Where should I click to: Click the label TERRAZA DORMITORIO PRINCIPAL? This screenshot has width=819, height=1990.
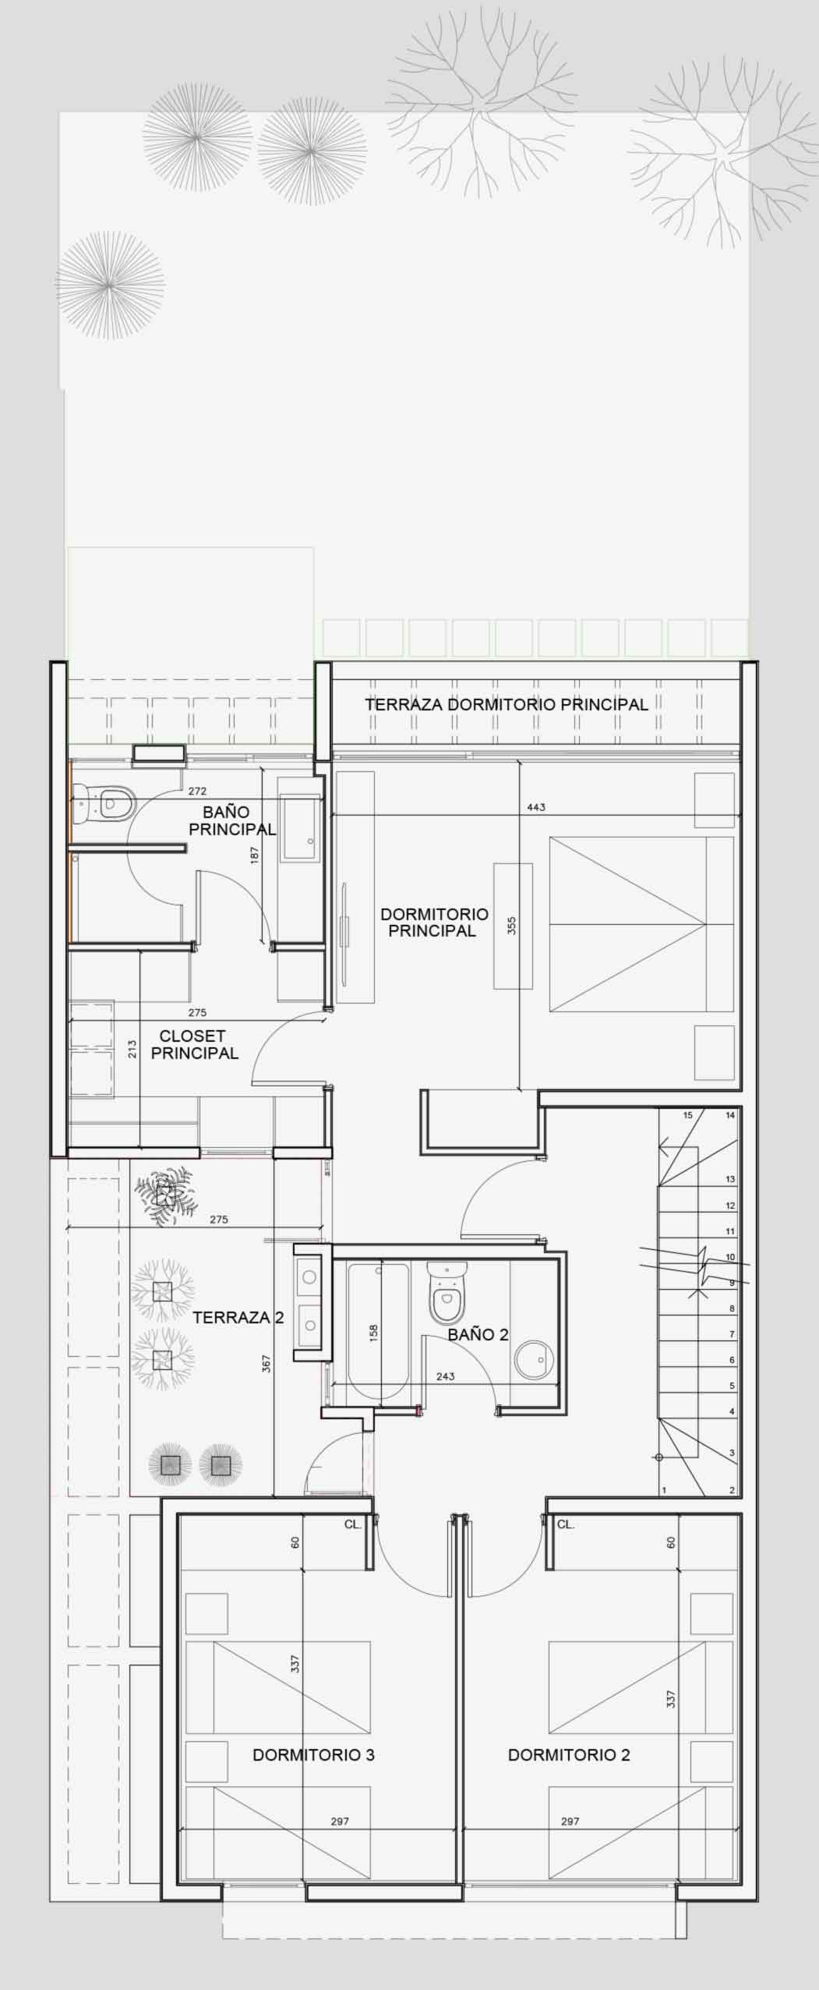click(507, 704)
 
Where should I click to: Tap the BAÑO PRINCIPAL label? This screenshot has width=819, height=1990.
click(232, 820)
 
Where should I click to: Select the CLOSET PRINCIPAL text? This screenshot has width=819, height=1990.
click(194, 1044)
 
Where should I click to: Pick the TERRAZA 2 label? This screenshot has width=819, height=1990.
click(238, 1318)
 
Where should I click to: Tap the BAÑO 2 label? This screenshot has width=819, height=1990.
click(478, 1334)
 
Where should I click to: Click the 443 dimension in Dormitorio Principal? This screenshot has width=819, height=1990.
click(536, 807)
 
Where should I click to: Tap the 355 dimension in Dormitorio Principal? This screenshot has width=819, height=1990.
click(512, 926)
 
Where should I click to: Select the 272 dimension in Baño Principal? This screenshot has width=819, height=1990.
click(197, 791)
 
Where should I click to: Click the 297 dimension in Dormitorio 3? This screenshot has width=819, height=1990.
click(340, 1822)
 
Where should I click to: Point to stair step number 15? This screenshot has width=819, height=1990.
click(688, 1115)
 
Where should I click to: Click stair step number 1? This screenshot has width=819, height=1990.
click(664, 1490)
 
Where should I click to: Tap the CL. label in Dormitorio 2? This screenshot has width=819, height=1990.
click(566, 1524)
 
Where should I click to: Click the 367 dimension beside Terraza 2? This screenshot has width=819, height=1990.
click(266, 1363)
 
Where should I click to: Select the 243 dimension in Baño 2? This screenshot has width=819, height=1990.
click(445, 1376)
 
